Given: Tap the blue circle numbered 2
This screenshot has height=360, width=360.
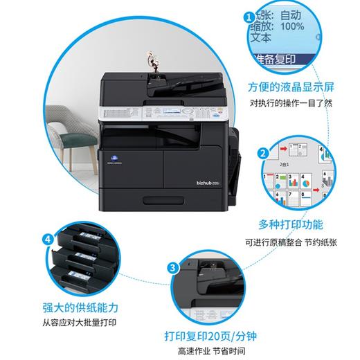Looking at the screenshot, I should point(264,154).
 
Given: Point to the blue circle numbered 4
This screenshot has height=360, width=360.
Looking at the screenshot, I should point(48,240).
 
